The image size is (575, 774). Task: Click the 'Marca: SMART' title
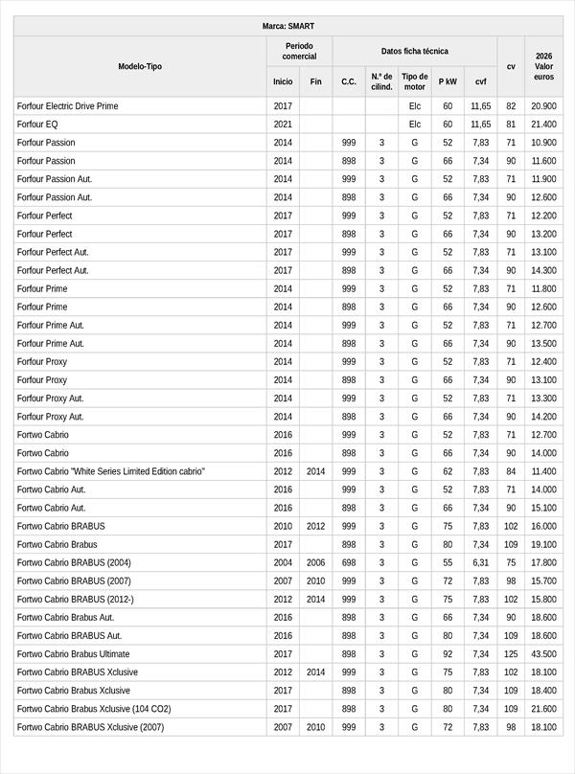(287, 26)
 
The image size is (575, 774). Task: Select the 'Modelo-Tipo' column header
(140, 66)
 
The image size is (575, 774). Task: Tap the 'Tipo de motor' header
(415, 81)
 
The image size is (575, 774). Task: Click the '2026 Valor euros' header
(543, 66)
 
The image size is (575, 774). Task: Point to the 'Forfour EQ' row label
(37, 125)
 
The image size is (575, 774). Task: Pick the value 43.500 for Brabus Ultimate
(543, 653)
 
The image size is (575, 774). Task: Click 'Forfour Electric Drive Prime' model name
(68, 106)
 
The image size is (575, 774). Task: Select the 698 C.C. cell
(349, 562)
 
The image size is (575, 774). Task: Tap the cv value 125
(511, 653)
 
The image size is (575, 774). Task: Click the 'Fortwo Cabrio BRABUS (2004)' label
(74, 562)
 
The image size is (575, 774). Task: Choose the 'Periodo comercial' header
(299, 51)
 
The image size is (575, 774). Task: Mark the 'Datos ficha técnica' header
(414, 51)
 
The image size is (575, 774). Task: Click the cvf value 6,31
(480, 562)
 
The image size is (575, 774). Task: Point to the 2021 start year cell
(283, 125)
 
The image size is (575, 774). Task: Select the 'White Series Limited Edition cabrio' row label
(110, 471)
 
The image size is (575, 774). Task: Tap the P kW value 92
(448, 653)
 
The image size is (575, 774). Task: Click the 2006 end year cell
(315, 562)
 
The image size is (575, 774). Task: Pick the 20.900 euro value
(543, 106)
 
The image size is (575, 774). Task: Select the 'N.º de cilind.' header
(381, 81)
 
